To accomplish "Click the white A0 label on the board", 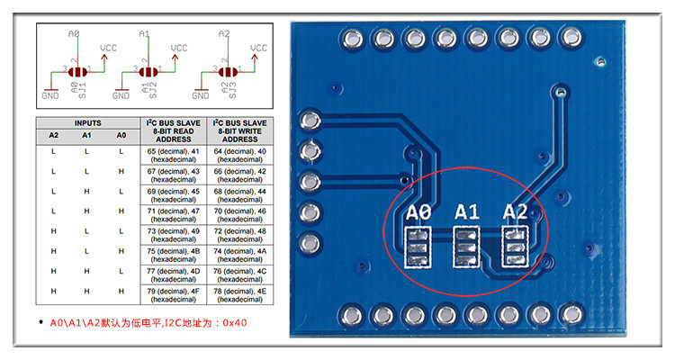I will coord(419,212).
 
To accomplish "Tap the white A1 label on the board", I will coord(467,212).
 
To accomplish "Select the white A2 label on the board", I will coord(515,212).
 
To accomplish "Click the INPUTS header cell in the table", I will coord(87,122).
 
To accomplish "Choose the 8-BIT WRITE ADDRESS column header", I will coord(240,130).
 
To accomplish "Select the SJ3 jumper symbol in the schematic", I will coord(226,71).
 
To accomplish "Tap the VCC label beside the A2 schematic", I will coord(258,47).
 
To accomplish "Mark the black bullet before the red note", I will coord(40,322).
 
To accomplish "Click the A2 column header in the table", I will coord(54,135).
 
